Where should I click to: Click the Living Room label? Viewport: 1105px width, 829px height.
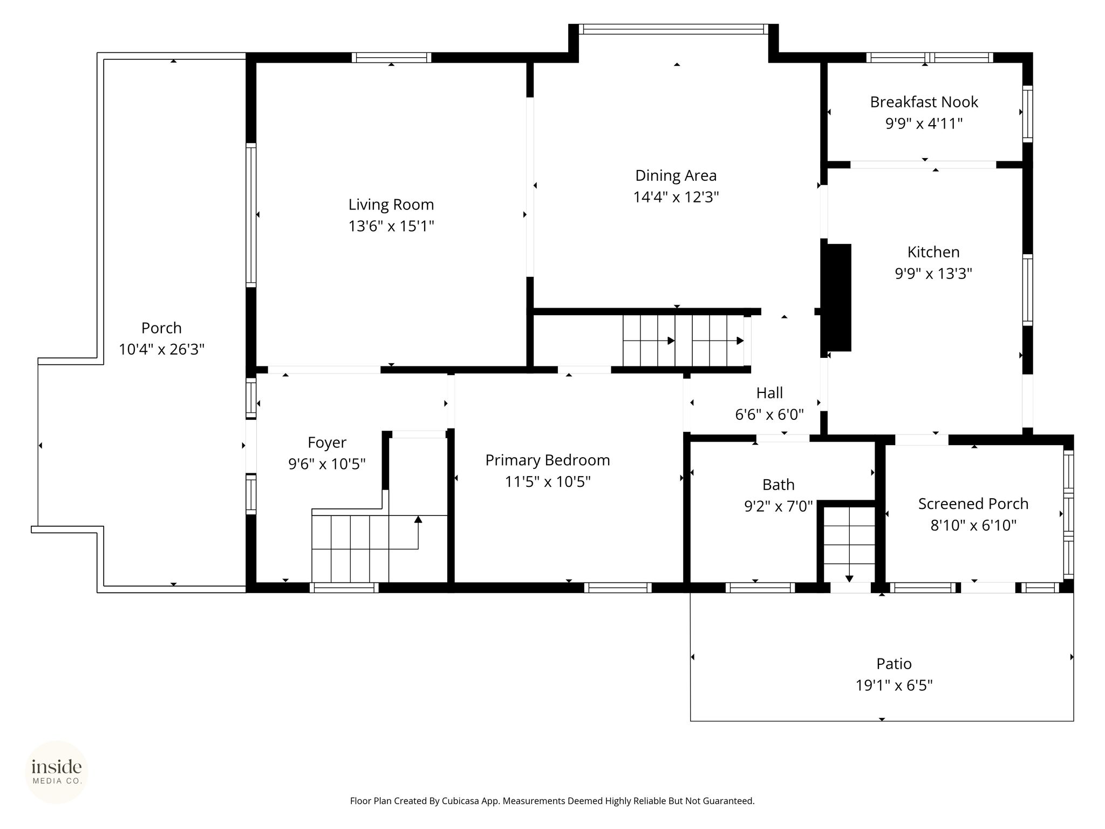coord(391,205)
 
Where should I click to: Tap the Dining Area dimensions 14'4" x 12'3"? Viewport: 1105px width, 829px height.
coord(676,197)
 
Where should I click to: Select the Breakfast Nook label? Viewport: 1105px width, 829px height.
coord(924,102)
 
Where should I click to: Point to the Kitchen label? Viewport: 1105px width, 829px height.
coord(933,252)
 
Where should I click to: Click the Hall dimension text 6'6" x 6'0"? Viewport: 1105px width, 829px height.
coord(769,414)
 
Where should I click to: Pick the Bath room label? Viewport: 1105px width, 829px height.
coord(779,485)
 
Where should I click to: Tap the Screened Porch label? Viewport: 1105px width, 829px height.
coord(973,504)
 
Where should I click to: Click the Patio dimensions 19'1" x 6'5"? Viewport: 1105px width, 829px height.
coord(894,685)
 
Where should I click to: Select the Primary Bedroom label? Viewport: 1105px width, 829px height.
coord(548,460)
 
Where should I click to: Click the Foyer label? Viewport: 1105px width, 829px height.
coord(327,443)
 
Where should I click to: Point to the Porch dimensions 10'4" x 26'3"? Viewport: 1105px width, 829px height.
coord(161,350)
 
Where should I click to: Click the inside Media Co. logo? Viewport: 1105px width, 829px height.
coord(57,772)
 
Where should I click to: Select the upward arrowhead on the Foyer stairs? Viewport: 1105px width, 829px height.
coord(418,519)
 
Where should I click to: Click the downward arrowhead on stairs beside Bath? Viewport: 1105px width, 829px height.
coord(849,579)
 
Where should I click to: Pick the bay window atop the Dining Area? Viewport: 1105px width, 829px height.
coord(673,29)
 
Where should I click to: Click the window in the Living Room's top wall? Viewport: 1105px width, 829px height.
coord(392,58)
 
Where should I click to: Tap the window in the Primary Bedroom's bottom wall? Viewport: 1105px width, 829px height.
coord(618,588)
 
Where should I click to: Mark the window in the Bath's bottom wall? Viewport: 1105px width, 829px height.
coord(760,588)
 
